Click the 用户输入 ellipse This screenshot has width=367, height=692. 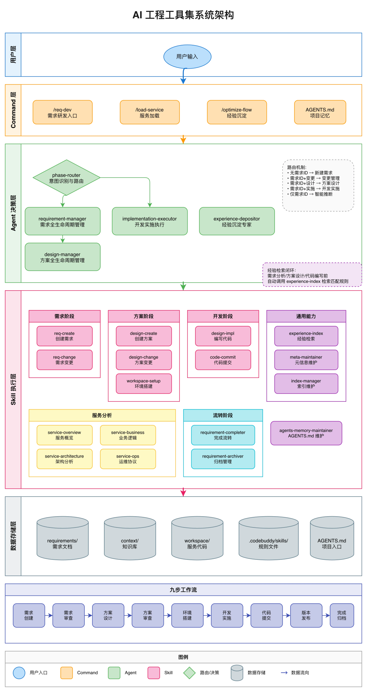point(187,56)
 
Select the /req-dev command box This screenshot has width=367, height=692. point(63,113)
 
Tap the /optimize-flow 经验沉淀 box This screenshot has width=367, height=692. point(237,113)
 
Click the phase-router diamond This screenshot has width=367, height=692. point(66,178)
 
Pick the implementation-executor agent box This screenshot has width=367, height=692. point(150,221)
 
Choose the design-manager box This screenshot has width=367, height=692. point(63,257)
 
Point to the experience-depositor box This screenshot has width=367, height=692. point(237,221)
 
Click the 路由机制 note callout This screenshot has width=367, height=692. point(318,186)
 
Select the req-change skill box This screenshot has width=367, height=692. point(65,360)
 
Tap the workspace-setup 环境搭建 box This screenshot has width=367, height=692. point(144,384)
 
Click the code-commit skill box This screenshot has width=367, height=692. point(223,360)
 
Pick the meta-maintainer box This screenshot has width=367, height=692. point(306,360)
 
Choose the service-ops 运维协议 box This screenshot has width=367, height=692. point(128,459)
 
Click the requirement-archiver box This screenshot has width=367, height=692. point(223,459)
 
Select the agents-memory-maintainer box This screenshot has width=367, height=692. point(306,433)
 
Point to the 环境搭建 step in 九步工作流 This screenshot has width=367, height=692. point(187,615)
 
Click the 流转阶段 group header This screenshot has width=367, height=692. point(223,415)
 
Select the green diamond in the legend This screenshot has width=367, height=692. point(189,673)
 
